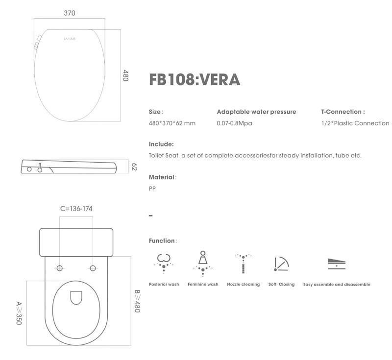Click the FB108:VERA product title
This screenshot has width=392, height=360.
pyautogui.click(x=195, y=79)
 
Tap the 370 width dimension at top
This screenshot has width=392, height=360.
pyautogui.click(x=70, y=13)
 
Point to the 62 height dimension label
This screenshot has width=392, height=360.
pyautogui.click(x=134, y=167)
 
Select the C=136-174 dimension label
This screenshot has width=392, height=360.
pyautogui.click(x=76, y=209)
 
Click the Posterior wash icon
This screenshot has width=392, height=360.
pyautogui.click(x=163, y=263)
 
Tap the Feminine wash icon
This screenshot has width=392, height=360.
pyautogui.click(x=202, y=263)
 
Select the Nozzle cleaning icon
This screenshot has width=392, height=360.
pyautogui.click(x=243, y=263)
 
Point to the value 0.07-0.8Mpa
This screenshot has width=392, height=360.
pyautogui.click(x=234, y=123)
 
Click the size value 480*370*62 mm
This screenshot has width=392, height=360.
pyautogui.click(x=172, y=123)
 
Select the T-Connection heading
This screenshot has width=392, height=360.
pyautogui.click(x=343, y=112)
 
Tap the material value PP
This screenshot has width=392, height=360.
pyautogui.click(x=152, y=189)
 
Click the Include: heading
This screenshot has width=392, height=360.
pyautogui.click(x=161, y=144)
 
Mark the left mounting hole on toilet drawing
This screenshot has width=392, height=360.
pyautogui.click(x=60, y=268)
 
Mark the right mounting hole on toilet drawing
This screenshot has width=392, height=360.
pyautogui.click(x=93, y=268)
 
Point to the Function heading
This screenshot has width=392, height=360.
pyautogui.click(x=162, y=241)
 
